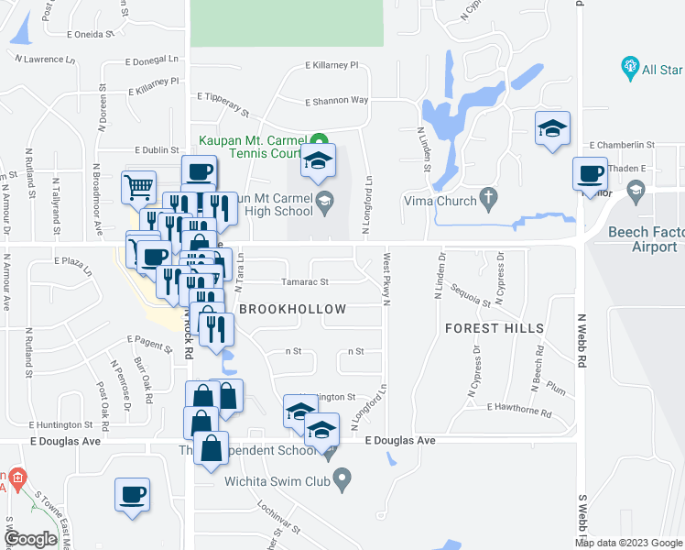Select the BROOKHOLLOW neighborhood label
coord(293,310)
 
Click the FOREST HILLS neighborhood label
coord(495,328)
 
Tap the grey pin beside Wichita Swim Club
coord(342,478)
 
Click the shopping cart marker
coord(138,188)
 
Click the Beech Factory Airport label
coord(643,240)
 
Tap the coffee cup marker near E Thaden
coord(591,173)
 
